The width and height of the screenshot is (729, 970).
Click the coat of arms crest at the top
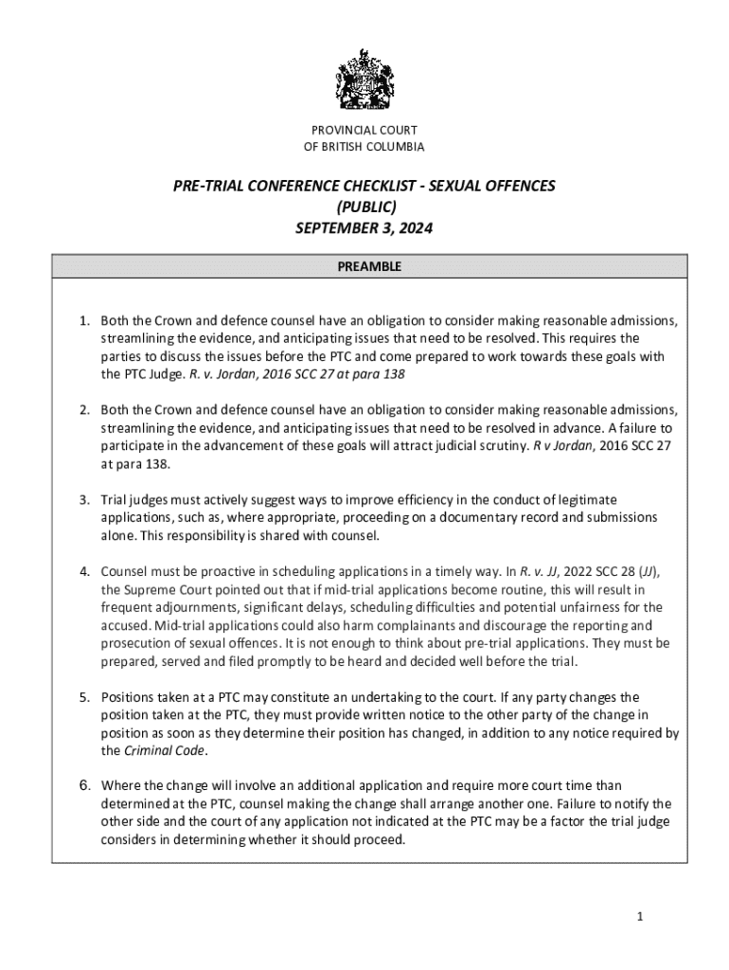point(364,79)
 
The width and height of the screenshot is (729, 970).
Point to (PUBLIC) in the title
point(364,207)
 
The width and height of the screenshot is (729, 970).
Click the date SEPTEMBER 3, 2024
point(364,228)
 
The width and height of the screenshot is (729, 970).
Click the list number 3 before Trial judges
point(83,499)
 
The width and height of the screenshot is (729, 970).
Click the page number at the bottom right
point(641,917)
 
